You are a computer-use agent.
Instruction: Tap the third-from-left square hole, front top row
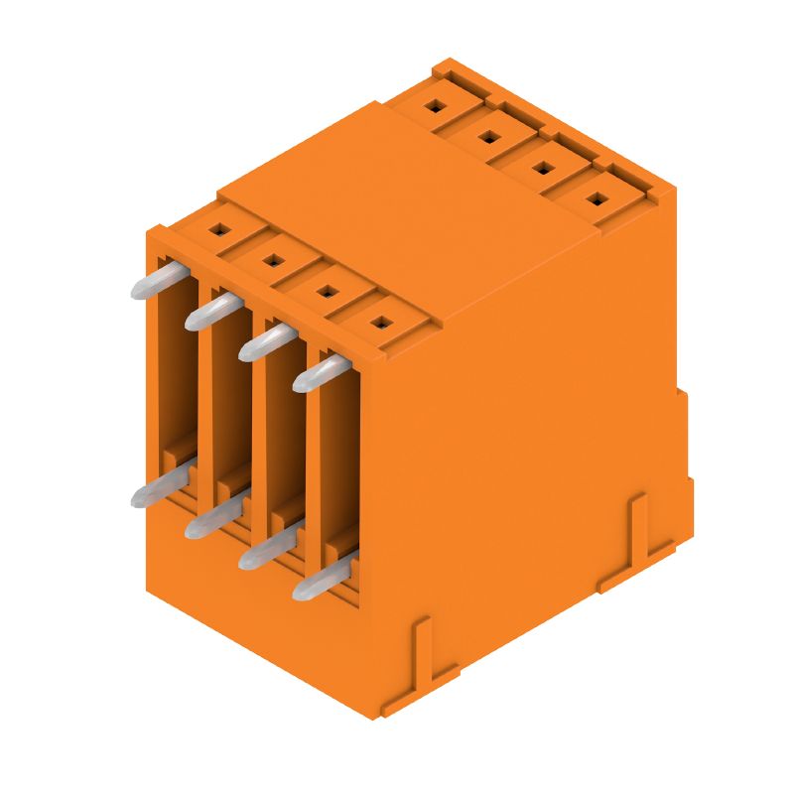click(x=327, y=291)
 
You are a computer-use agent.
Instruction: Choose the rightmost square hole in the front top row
click(x=380, y=322)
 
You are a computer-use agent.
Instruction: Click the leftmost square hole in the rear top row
click(x=435, y=104)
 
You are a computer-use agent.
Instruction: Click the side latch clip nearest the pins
click(x=421, y=660)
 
